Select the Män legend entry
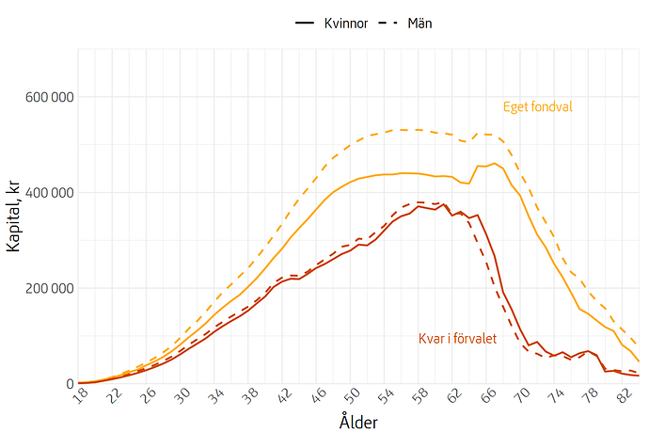point(419,22)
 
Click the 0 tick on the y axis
point(67,384)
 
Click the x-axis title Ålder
point(358,422)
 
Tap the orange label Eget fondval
point(537,106)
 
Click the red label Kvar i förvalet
point(457,338)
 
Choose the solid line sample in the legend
point(304,22)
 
